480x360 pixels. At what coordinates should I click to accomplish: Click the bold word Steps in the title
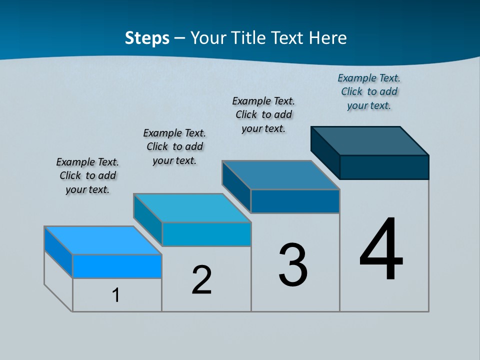point(147,38)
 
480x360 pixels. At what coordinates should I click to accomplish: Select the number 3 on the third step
point(293,265)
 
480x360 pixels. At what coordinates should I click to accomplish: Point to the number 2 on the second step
point(201,280)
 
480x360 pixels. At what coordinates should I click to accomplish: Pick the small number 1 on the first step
point(116,295)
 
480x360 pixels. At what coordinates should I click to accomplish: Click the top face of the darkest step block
point(370,140)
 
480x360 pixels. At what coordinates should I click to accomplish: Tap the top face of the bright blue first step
point(103,240)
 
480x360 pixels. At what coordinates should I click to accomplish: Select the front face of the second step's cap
point(206,234)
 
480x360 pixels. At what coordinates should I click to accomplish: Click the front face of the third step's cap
point(295,201)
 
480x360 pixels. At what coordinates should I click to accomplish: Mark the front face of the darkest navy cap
point(384,167)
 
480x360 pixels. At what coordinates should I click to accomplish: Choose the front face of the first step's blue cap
point(117,266)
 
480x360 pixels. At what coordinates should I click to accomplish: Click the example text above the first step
point(87,175)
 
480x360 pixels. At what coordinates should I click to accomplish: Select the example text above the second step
point(174,146)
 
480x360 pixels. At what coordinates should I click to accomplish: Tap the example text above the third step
point(263,114)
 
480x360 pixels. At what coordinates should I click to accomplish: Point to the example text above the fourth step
point(369,91)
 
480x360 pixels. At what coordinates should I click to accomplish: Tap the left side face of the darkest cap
point(325,152)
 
